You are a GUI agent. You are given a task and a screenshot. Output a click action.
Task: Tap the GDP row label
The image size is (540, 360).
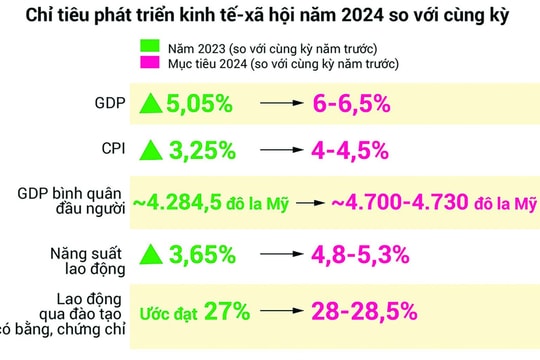pos(110,103)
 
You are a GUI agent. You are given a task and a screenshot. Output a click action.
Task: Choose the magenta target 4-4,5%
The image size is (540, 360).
pos(363,151)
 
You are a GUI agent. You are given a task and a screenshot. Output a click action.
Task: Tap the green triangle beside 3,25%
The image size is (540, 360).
pos(151,150)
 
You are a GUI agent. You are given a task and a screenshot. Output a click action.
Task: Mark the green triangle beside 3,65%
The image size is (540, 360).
pos(151,254)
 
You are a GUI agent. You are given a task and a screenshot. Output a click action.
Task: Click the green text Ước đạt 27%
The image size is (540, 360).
pos(190,311)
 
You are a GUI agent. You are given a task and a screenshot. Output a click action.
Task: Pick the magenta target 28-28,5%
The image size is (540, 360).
pos(364,311)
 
